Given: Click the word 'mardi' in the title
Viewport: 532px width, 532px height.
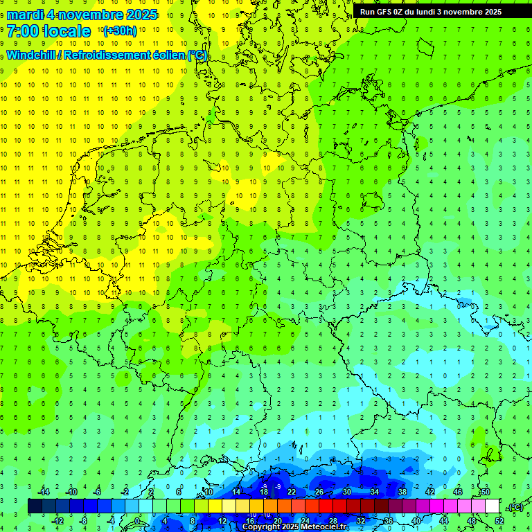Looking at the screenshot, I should pyautogui.click(x=25, y=15).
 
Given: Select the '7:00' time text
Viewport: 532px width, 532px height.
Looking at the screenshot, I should pyautogui.click(x=22, y=31).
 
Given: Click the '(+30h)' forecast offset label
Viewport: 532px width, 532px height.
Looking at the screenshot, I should pyautogui.click(x=119, y=31).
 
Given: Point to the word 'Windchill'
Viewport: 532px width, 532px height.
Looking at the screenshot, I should pyautogui.click(x=33, y=55).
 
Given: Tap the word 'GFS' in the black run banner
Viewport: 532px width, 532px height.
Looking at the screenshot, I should pyautogui.click(x=387, y=11).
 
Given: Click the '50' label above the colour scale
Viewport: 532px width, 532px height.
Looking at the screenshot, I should pyautogui.click(x=485, y=492).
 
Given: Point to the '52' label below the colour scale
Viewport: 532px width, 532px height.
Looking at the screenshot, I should pyautogui.click(x=499, y=521).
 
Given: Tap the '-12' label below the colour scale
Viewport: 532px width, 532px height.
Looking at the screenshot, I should pyautogui.click(x=57, y=521).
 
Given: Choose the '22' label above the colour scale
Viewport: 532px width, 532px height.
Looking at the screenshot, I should pyautogui.click(x=291, y=492).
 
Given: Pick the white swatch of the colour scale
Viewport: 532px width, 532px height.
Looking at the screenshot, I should pyautogui.click(x=493, y=506).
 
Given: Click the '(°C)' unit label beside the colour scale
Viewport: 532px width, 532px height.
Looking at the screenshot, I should pyautogui.click(x=515, y=507).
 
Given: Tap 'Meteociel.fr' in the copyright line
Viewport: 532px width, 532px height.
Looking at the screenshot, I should pyautogui.click(x=324, y=527).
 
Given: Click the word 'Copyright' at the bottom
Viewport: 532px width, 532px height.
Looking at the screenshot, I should pyautogui.click(x=260, y=527).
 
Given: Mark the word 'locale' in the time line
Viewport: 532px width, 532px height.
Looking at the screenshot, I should pyautogui.click(x=66, y=31).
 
